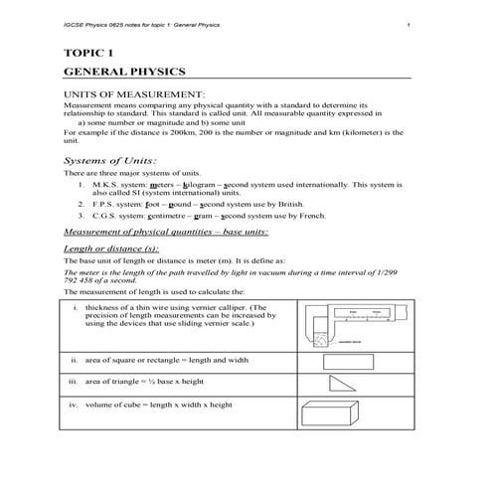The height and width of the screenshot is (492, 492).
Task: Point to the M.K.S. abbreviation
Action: [x=106, y=184]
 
